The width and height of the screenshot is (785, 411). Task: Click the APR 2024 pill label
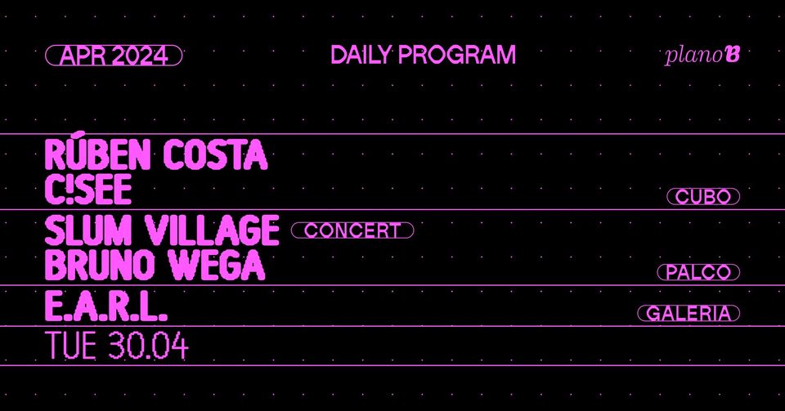tap(114, 56)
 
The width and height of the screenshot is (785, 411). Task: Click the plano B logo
tap(702, 56)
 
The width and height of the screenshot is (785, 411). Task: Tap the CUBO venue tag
tap(703, 197)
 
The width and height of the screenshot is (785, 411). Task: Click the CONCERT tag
tap(352, 230)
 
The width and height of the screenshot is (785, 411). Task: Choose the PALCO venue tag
tap(698, 273)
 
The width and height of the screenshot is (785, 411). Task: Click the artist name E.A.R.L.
tap(106, 308)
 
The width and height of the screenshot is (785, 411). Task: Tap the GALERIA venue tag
tap(689, 313)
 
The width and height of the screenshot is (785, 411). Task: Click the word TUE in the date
tap(71, 346)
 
